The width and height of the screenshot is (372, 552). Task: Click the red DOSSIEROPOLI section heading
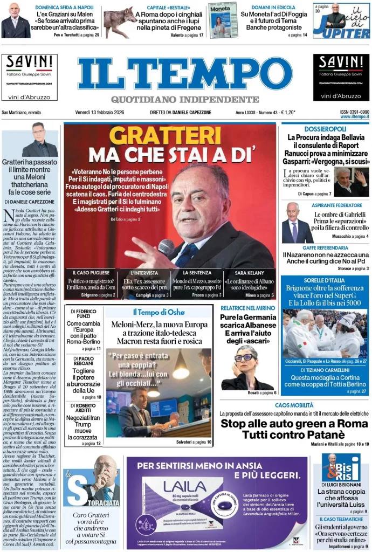325,129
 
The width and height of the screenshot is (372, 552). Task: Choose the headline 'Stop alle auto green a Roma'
294,423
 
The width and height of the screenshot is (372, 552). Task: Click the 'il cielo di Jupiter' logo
342,20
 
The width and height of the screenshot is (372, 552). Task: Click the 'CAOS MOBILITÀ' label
294,405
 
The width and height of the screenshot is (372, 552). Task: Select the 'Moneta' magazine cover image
223,20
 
